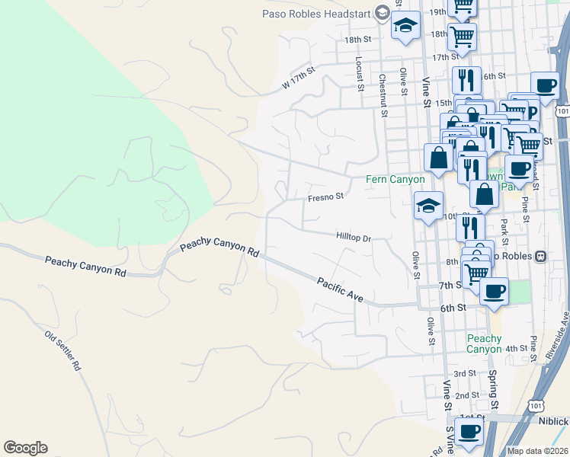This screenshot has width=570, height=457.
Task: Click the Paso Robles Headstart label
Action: [x=316, y=12]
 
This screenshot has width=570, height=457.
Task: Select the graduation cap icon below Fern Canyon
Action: [x=428, y=205]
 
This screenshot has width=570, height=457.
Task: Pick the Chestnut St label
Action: [x=383, y=95]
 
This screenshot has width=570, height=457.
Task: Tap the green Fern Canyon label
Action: [x=395, y=179]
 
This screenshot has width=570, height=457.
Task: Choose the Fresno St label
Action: [x=326, y=197]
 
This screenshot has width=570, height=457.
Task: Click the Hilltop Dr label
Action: [x=353, y=238]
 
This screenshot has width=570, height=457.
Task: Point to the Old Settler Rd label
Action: [x=62, y=350]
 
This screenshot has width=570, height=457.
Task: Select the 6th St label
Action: [x=453, y=308]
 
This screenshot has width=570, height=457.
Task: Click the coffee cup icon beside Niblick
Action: [x=469, y=431]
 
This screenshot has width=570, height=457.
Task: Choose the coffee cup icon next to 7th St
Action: [x=494, y=290]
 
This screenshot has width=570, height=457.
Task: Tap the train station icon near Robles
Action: [x=540, y=256]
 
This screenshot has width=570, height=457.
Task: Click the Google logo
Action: [x=25, y=448]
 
